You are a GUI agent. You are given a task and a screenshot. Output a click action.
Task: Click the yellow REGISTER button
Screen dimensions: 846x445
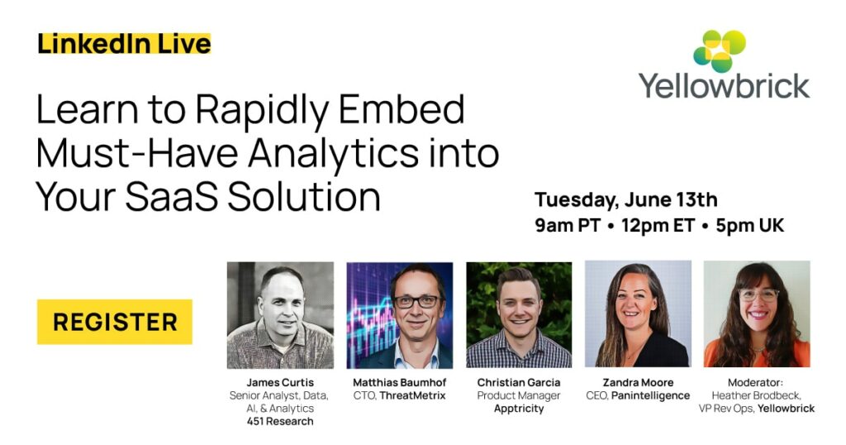[x=114, y=322]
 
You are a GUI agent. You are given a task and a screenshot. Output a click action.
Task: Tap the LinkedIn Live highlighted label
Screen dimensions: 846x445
[x=124, y=44]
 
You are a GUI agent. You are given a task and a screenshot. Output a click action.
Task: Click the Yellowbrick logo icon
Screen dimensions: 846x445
[x=720, y=50]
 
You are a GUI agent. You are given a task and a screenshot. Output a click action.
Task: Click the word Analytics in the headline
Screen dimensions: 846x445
[x=333, y=153]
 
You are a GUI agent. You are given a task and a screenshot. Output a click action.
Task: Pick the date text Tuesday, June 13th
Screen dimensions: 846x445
[x=626, y=200]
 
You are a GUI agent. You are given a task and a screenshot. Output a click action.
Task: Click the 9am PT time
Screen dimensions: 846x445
[x=568, y=225]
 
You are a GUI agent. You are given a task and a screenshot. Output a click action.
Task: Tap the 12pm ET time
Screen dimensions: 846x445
[x=658, y=225]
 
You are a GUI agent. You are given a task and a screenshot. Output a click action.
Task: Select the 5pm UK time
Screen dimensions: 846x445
[x=750, y=225]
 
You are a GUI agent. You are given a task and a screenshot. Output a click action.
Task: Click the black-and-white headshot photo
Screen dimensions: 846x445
[x=281, y=315]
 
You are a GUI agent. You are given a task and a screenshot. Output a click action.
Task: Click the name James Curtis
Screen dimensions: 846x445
[x=280, y=383]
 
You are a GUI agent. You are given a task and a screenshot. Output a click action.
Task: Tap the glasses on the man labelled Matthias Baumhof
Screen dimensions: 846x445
[x=417, y=302]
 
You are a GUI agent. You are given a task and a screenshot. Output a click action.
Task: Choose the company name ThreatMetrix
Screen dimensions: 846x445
[x=413, y=396]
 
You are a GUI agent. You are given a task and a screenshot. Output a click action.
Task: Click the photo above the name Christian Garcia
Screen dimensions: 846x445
[x=519, y=315]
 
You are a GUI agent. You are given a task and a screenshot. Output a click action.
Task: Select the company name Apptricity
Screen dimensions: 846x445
[x=519, y=409]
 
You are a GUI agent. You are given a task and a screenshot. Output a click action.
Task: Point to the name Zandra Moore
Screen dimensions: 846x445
[x=639, y=383]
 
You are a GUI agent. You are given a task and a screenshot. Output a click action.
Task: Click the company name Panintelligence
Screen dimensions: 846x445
[x=651, y=396]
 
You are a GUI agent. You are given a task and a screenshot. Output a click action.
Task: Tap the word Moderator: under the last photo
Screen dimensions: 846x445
[x=755, y=383]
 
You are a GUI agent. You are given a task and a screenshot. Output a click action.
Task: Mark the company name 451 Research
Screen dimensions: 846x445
[x=280, y=422]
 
